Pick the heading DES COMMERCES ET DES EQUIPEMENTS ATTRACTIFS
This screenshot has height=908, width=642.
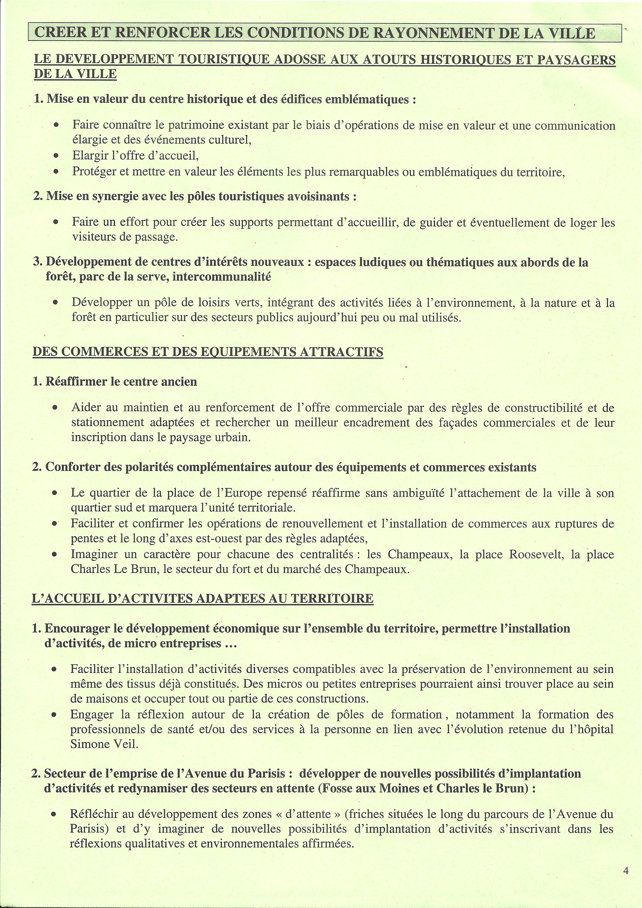[208, 352]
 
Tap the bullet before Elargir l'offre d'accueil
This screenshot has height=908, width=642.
[56, 156]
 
